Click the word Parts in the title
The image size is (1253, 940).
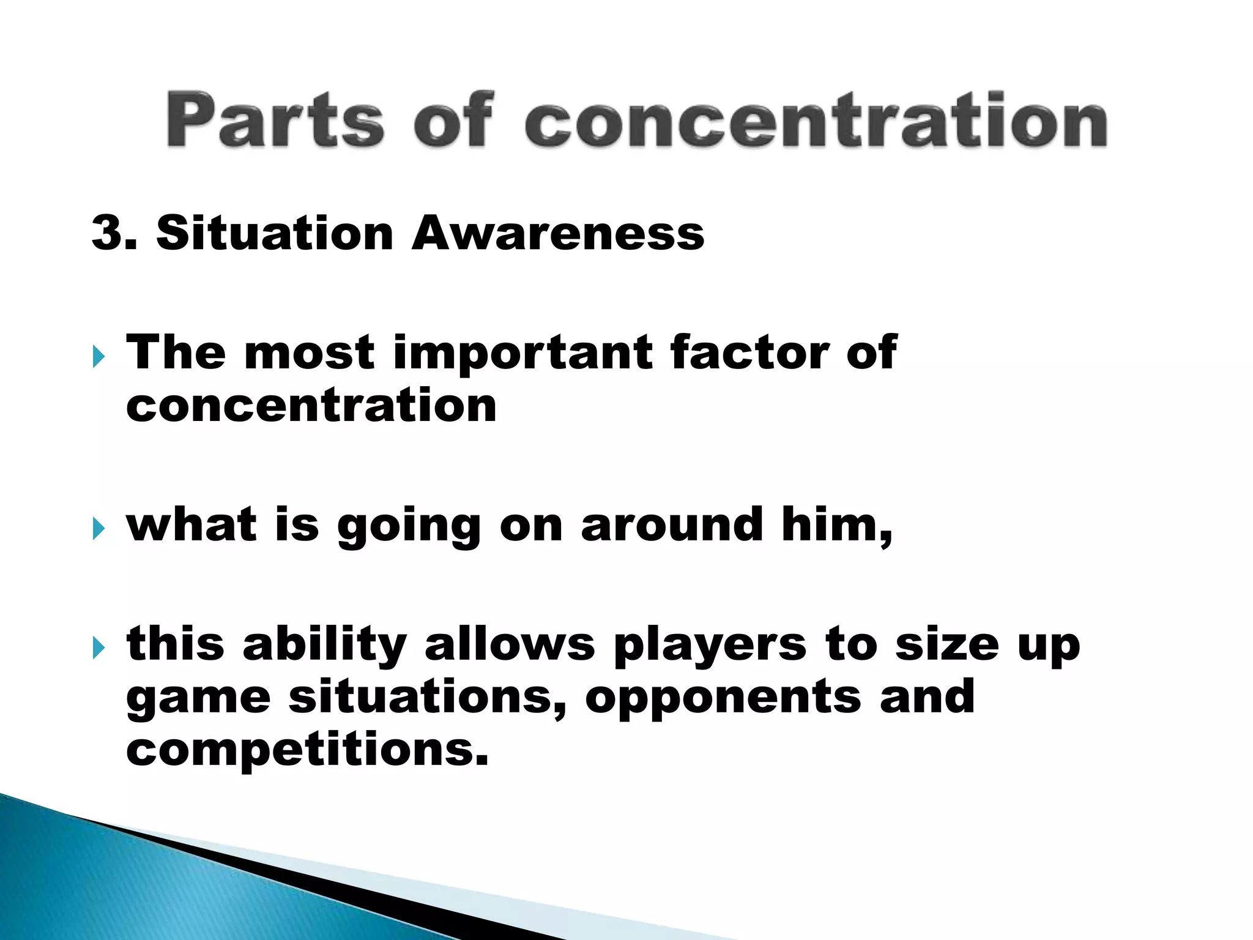(275, 120)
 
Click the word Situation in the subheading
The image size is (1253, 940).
(274, 233)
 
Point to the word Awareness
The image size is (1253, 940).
(557, 233)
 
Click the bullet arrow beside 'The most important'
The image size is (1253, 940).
(99, 356)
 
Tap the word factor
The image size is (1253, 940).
(748, 353)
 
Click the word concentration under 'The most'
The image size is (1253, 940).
(311, 406)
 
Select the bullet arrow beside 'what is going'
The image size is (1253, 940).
(99, 528)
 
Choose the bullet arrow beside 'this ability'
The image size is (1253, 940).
(99, 647)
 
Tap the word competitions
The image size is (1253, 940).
(307, 750)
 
